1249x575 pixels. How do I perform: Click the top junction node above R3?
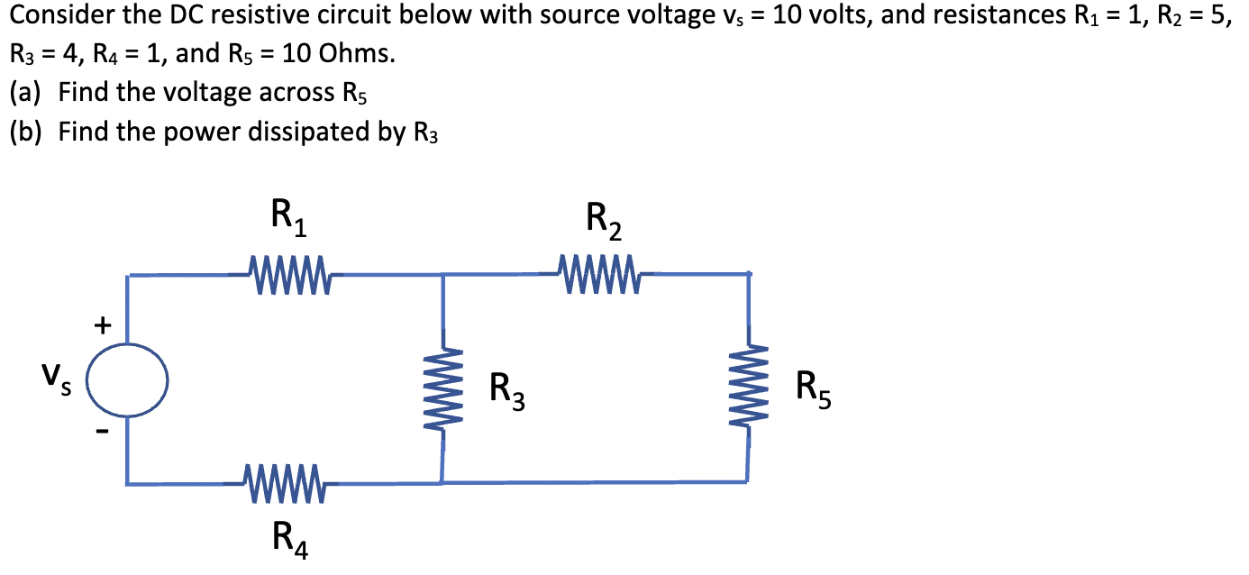coord(442,274)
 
